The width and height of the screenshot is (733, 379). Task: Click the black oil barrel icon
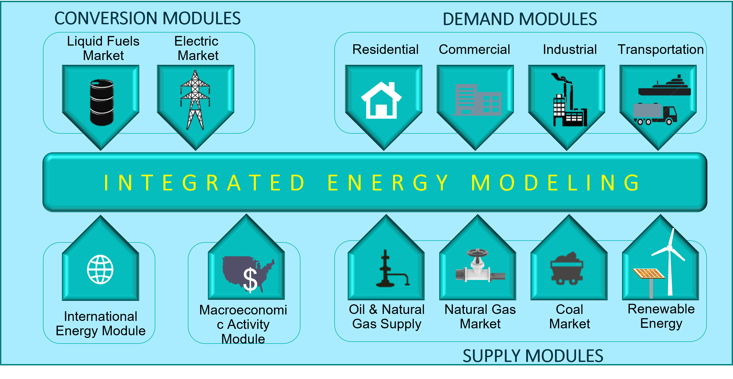click(102, 102)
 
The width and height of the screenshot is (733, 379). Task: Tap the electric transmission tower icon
click(195, 100)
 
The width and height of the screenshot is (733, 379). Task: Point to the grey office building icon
click(477, 100)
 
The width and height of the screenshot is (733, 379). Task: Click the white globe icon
click(100, 269)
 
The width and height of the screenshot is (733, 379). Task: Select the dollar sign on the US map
click(250, 280)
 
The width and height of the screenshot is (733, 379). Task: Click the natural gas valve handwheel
click(477, 253)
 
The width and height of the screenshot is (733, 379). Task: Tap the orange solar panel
click(649, 273)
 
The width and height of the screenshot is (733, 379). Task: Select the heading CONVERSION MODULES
click(147, 18)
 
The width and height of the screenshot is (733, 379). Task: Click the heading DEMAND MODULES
click(520, 19)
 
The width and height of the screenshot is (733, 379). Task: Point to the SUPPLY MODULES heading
click(533, 356)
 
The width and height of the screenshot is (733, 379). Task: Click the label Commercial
click(474, 49)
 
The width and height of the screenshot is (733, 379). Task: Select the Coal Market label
click(569, 316)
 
